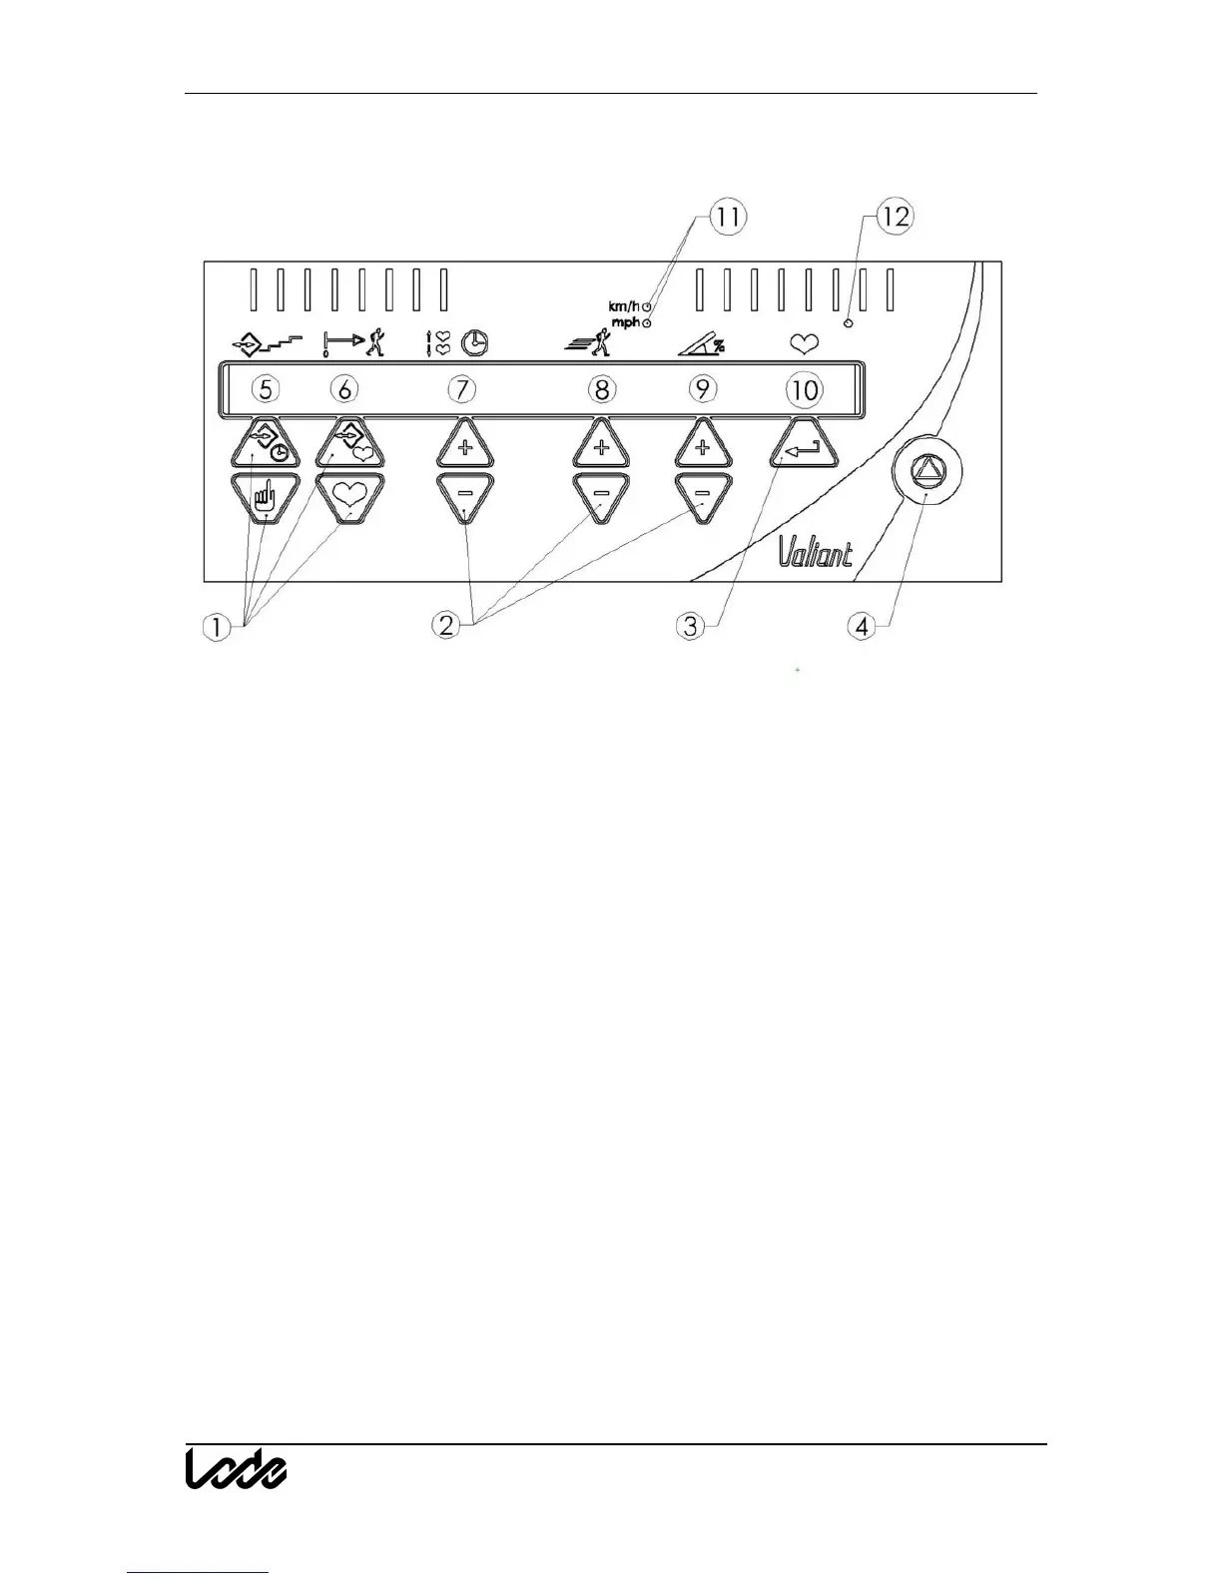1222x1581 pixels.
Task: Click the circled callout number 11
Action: [729, 218]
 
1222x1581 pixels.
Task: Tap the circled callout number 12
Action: [896, 218]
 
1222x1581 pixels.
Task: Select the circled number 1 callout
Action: [217, 627]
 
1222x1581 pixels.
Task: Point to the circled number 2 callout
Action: [446, 626]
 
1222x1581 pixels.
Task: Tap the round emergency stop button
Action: [927, 471]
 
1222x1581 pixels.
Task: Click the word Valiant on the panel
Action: [816, 552]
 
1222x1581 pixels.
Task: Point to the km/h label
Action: [625, 305]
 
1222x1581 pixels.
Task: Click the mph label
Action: [626, 323]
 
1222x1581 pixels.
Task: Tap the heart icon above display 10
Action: [805, 344]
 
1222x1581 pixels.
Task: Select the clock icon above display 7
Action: [474, 344]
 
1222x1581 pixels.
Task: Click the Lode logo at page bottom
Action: [237, 1468]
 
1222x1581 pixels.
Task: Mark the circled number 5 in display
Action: [265, 388]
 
